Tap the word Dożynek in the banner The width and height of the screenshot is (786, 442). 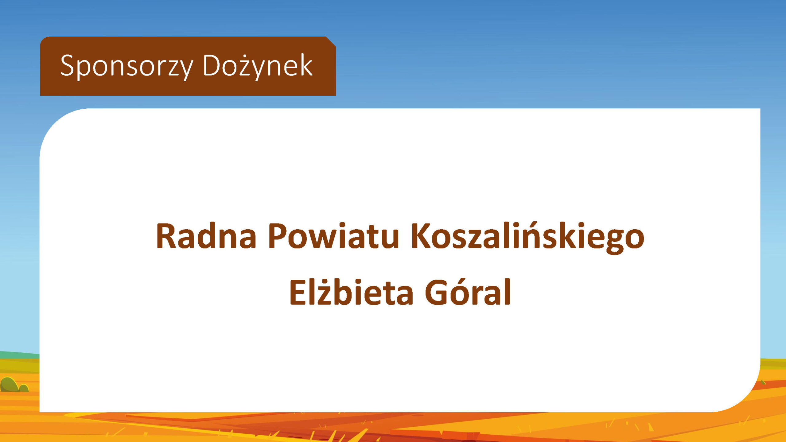click(x=258, y=66)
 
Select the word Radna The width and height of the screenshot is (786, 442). click(x=206, y=236)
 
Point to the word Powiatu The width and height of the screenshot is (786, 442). click(x=333, y=236)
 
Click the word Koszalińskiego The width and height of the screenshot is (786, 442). click(x=527, y=238)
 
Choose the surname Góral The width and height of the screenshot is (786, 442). click(x=468, y=292)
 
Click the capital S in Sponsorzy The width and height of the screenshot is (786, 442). click(x=67, y=65)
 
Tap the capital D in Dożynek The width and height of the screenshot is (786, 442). click(x=212, y=65)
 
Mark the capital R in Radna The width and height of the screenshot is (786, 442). click(x=166, y=235)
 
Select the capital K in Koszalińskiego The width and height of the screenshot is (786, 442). click(x=421, y=235)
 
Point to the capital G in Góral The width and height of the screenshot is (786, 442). click(x=436, y=293)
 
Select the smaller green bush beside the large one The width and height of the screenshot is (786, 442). click(x=24, y=388)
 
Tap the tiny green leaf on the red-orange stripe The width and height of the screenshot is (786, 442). click(x=764, y=382)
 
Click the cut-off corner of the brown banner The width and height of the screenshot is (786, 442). click(x=331, y=42)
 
